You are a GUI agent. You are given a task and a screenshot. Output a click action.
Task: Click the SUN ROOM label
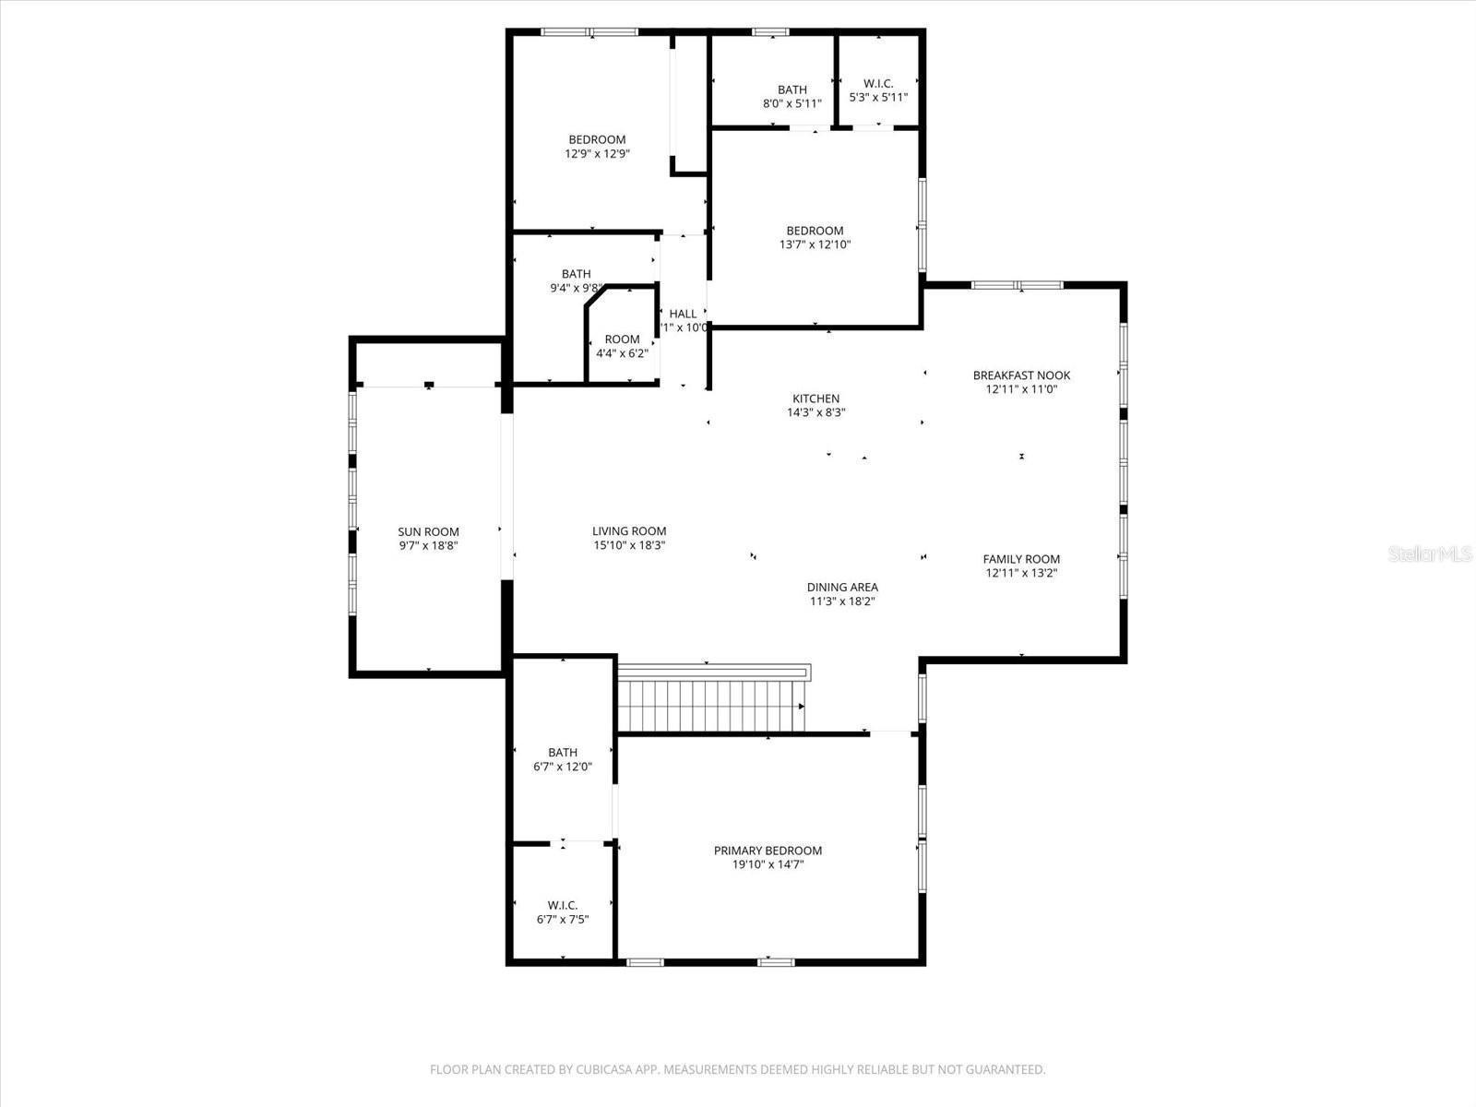click(x=428, y=531)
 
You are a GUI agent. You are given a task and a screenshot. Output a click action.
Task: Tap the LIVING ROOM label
click(x=629, y=530)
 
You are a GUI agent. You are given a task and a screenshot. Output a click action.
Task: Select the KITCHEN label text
click(x=815, y=399)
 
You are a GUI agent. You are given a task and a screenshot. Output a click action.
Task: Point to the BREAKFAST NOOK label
click(x=1021, y=375)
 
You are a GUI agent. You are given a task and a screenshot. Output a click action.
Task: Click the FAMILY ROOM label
click(x=1021, y=558)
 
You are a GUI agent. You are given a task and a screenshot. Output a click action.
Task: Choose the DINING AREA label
click(x=842, y=587)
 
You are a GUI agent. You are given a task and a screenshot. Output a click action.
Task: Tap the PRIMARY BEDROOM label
click(x=768, y=851)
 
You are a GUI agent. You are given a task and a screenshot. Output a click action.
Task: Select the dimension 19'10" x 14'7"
click(x=768, y=864)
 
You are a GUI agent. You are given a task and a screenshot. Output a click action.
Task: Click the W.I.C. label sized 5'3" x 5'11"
click(x=878, y=83)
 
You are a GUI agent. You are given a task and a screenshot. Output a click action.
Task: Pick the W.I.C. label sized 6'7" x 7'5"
click(x=562, y=905)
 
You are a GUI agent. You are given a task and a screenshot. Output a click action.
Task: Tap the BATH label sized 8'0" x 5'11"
click(x=792, y=89)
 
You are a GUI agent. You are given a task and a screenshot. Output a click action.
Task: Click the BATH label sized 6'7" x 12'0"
click(x=562, y=752)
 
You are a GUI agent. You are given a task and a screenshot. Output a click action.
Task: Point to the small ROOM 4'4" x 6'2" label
click(x=622, y=339)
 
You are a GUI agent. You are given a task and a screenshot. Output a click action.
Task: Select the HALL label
click(x=684, y=314)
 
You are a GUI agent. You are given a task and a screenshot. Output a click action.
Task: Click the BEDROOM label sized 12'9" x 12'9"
click(x=597, y=139)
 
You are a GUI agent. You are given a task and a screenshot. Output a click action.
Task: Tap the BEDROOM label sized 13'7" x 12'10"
click(x=815, y=231)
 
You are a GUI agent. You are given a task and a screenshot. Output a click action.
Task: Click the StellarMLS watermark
click(x=1431, y=553)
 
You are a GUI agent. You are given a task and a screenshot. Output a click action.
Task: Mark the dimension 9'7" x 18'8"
click(x=428, y=545)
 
